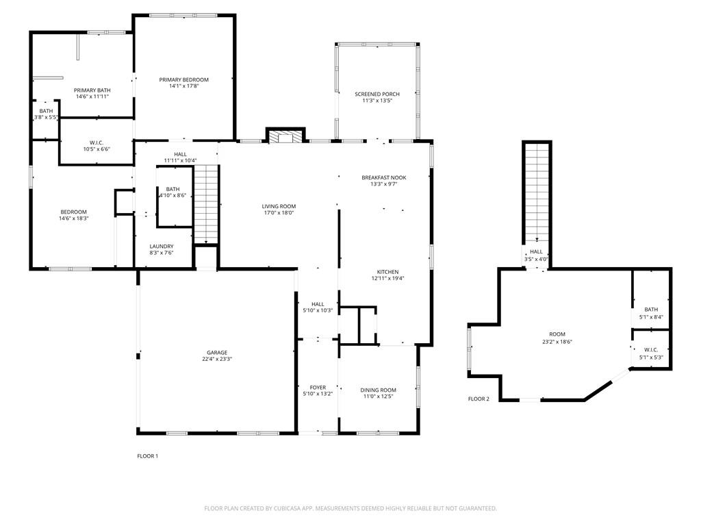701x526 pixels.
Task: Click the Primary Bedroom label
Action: click(x=183, y=79)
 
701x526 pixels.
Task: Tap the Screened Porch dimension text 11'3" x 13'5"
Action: click(x=377, y=101)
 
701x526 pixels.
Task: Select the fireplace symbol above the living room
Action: click(x=285, y=136)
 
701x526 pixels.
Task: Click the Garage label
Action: click(x=217, y=353)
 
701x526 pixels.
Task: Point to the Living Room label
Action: click(x=279, y=206)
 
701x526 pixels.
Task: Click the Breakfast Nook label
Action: click(x=384, y=177)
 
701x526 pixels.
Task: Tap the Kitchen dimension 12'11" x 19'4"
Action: click(x=388, y=278)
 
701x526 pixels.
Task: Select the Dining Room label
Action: click(x=378, y=390)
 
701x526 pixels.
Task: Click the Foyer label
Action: click(x=318, y=388)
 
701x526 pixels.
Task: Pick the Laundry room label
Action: click(x=162, y=247)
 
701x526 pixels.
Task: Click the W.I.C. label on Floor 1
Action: click(x=97, y=142)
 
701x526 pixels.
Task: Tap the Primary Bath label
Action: click(x=92, y=90)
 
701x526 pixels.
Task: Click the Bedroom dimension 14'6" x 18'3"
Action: click(x=74, y=218)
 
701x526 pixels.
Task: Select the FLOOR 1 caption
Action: click(x=148, y=456)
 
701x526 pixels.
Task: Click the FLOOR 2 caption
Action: click(x=479, y=399)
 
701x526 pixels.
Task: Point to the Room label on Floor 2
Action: click(x=557, y=334)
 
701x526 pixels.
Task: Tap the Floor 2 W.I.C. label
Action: click(x=652, y=350)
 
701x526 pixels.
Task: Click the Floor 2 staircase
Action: click(x=537, y=193)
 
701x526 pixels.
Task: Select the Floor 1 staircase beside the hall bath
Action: click(x=205, y=204)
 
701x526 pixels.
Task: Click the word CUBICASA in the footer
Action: click(x=289, y=509)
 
